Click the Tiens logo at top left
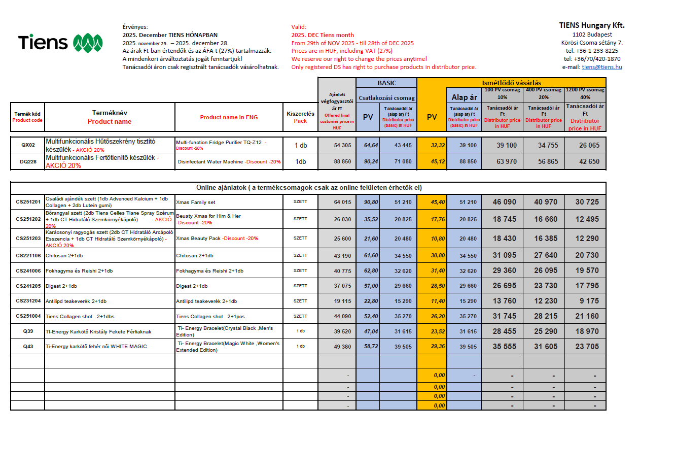tap(60, 43)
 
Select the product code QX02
tap(28, 145)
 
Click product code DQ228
tap(28, 162)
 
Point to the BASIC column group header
tap(386, 83)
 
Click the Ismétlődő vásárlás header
tap(511, 83)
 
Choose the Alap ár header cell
tap(464, 97)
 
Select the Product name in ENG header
tap(229, 117)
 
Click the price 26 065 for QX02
tap(589, 145)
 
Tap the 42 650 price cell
tap(589, 161)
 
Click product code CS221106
tap(28, 255)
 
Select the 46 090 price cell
tap(504, 202)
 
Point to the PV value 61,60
tap(371, 256)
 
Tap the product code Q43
tap(28, 347)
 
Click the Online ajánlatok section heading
tap(309, 188)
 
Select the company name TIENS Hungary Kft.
tap(591, 25)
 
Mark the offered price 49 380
tap(342, 347)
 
